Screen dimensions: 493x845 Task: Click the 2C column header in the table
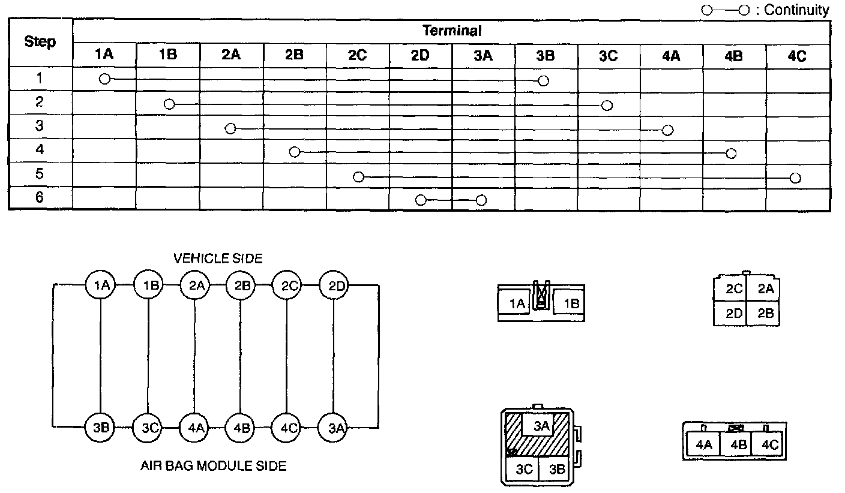coord(358,55)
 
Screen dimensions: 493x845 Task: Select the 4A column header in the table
coord(671,55)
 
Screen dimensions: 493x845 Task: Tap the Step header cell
coord(40,42)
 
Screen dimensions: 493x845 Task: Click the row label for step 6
coord(40,197)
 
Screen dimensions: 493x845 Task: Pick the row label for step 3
coord(40,126)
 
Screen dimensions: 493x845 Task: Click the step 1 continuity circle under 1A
coord(104,79)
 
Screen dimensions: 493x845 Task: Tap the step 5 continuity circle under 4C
coord(795,178)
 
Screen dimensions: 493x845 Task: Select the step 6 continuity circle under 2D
coord(421,200)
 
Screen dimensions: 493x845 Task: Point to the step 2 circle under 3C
coord(607,106)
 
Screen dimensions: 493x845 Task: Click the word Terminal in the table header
coord(452,31)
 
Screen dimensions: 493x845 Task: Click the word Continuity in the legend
coord(796,10)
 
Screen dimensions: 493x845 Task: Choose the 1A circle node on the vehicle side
coord(100,285)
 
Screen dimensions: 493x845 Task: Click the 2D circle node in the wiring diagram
coord(334,285)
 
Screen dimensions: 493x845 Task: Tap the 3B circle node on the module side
coord(100,428)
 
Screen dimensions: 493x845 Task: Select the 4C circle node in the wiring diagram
coord(287,428)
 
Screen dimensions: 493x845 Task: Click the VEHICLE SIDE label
coord(218,258)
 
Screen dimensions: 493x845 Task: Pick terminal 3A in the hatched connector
coord(541,426)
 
